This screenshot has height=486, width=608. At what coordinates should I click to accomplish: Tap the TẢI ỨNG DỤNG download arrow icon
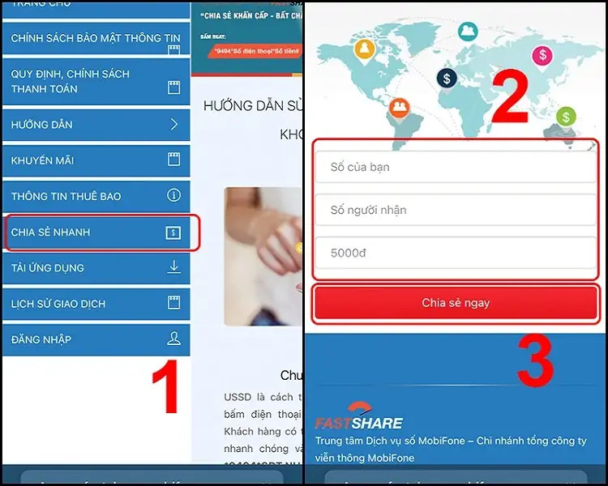[173, 267]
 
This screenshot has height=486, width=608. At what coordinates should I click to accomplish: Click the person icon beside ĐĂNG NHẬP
[173, 339]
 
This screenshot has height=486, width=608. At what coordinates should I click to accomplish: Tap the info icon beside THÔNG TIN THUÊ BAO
[173, 196]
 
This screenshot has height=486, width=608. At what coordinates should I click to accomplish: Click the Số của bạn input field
[455, 167]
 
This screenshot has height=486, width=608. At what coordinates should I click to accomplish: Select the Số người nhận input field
[455, 210]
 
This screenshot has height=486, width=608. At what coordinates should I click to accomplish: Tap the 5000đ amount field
[455, 253]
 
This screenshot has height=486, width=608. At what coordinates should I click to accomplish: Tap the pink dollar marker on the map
[542, 55]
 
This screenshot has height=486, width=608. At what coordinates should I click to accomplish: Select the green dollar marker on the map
[566, 117]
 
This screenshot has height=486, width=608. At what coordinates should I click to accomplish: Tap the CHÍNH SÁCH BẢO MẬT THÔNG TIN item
[96, 38]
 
